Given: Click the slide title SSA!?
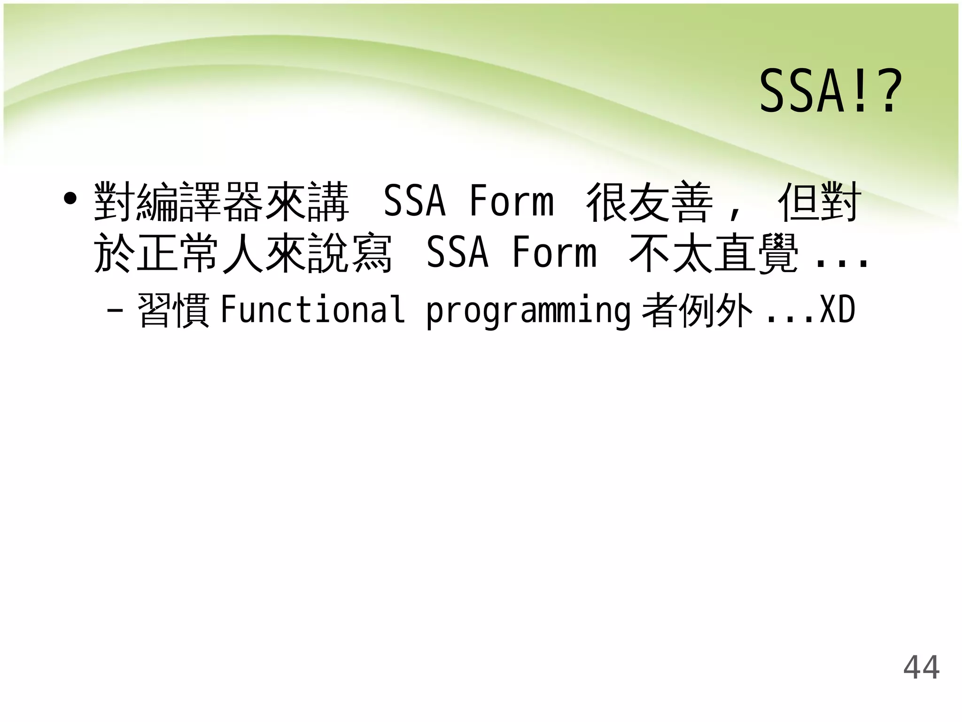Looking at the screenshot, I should [830, 91].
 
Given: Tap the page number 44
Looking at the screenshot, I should [921, 667].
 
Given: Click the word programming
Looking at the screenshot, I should [528, 311].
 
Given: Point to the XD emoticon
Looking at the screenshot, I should [838, 310].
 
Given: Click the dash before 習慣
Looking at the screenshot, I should [115, 311].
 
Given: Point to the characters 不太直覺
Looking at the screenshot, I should [714, 253].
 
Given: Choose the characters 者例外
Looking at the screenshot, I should [698, 311].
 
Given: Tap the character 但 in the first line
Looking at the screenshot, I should [799, 203].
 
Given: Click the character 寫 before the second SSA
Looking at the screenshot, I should [372, 253].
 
